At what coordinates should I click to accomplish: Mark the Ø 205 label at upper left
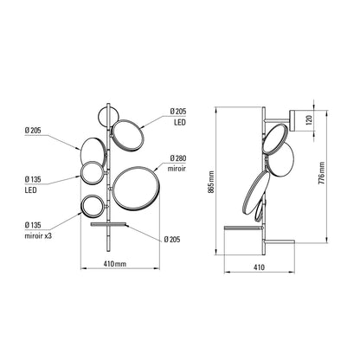pos(35,131)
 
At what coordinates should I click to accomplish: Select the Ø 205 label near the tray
pos(173,239)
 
